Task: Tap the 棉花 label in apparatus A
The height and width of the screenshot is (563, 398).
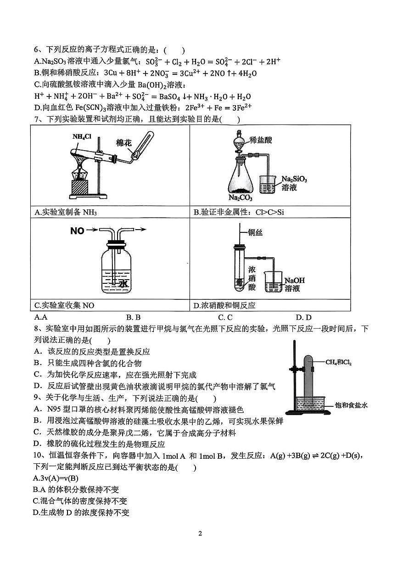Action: pos(124,142)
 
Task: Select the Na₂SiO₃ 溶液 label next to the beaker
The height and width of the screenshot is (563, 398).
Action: pos(294,183)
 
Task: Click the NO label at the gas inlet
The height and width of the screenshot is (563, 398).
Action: pos(77,231)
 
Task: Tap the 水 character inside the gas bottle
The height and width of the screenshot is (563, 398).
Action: pos(123,284)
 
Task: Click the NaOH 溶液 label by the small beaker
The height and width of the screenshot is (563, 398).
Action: pos(294,284)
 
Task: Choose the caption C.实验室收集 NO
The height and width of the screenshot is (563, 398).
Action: pos(65,305)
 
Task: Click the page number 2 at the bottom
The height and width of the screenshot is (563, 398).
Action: pos(200,533)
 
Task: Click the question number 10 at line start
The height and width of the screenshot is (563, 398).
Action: pos(38,456)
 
